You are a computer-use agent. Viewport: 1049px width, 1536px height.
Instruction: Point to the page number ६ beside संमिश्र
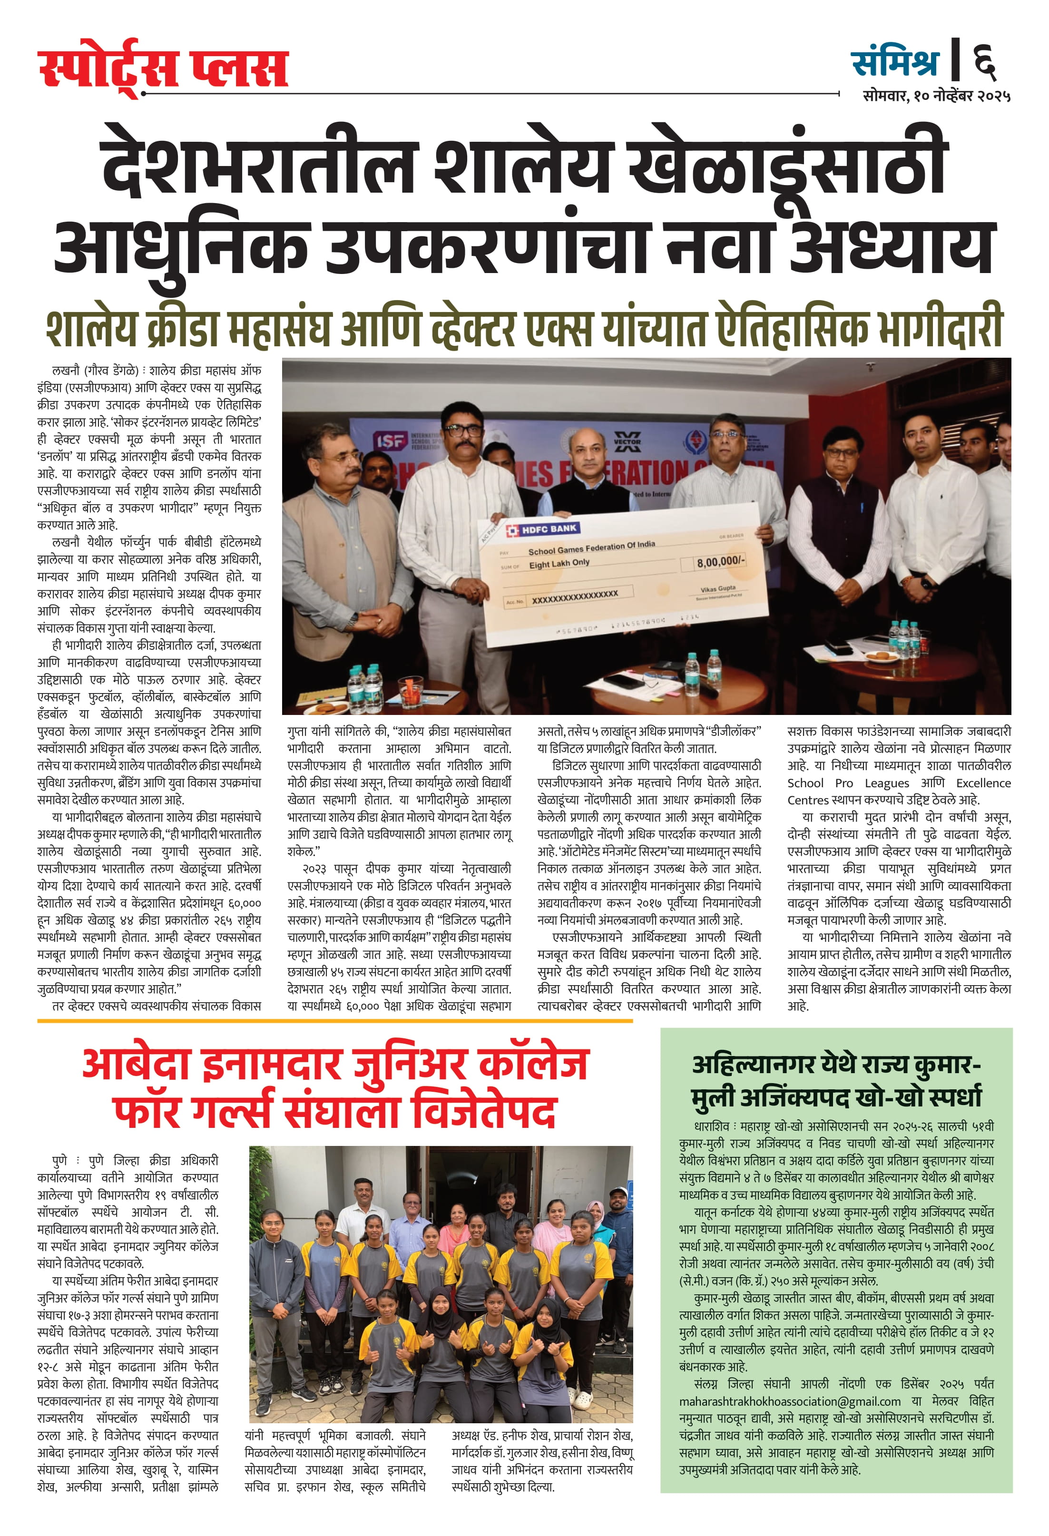point(984,61)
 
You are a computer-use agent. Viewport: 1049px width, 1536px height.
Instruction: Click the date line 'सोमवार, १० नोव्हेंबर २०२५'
point(936,96)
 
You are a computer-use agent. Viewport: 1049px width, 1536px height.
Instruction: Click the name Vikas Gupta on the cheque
point(717,588)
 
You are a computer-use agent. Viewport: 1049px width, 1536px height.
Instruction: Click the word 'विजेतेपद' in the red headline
point(484,1111)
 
